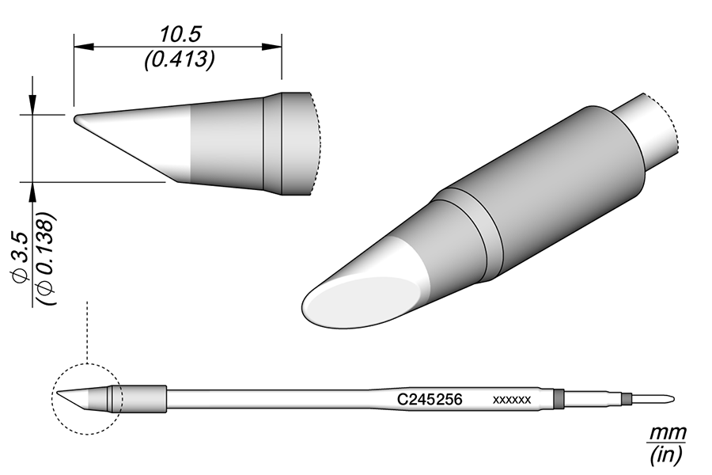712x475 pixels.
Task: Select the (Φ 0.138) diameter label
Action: pyautogui.click(x=45, y=258)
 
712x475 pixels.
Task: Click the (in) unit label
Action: pyautogui.click(x=667, y=455)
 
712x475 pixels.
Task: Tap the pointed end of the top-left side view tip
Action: pyautogui.click(x=77, y=120)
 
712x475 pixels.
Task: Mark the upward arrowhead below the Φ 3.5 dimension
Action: pyautogui.click(x=32, y=191)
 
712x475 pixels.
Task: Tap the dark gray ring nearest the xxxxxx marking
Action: pyautogui.click(x=559, y=398)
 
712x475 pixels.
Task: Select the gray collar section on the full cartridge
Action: pyautogui.click(x=144, y=399)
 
